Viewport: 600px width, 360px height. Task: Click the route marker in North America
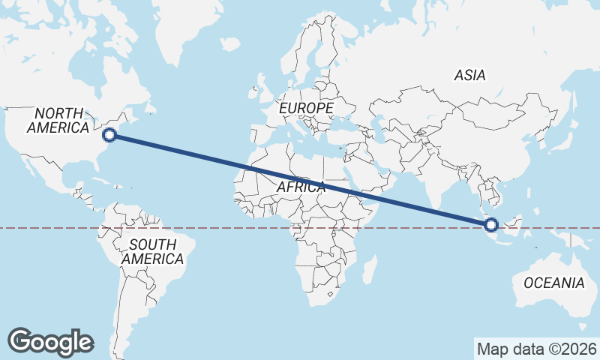click(109, 135)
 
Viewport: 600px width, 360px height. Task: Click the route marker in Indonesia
click(492, 224)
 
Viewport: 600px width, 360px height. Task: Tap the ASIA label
click(470, 75)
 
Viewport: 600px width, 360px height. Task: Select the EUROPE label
click(306, 109)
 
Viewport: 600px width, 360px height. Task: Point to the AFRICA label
click(301, 187)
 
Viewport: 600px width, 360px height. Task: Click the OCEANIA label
click(553, 283)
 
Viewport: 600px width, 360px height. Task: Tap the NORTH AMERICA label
click(58, 120)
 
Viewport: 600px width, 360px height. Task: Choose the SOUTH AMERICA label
click(153, 252)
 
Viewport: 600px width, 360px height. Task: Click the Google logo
click(50, 341)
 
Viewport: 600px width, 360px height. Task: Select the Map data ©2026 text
click(536, 349)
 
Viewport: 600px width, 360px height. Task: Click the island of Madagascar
click(368, 269)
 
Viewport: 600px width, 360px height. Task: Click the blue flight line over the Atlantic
click(187, 151)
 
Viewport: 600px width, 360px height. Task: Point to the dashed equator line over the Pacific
click(37, 228)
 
